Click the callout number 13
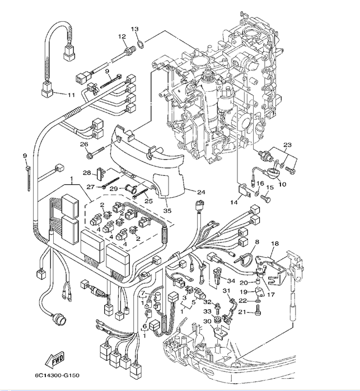134,29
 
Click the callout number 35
166,211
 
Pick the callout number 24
200,192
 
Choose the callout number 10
282,184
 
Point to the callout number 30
207,321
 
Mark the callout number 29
113,189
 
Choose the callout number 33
206,311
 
